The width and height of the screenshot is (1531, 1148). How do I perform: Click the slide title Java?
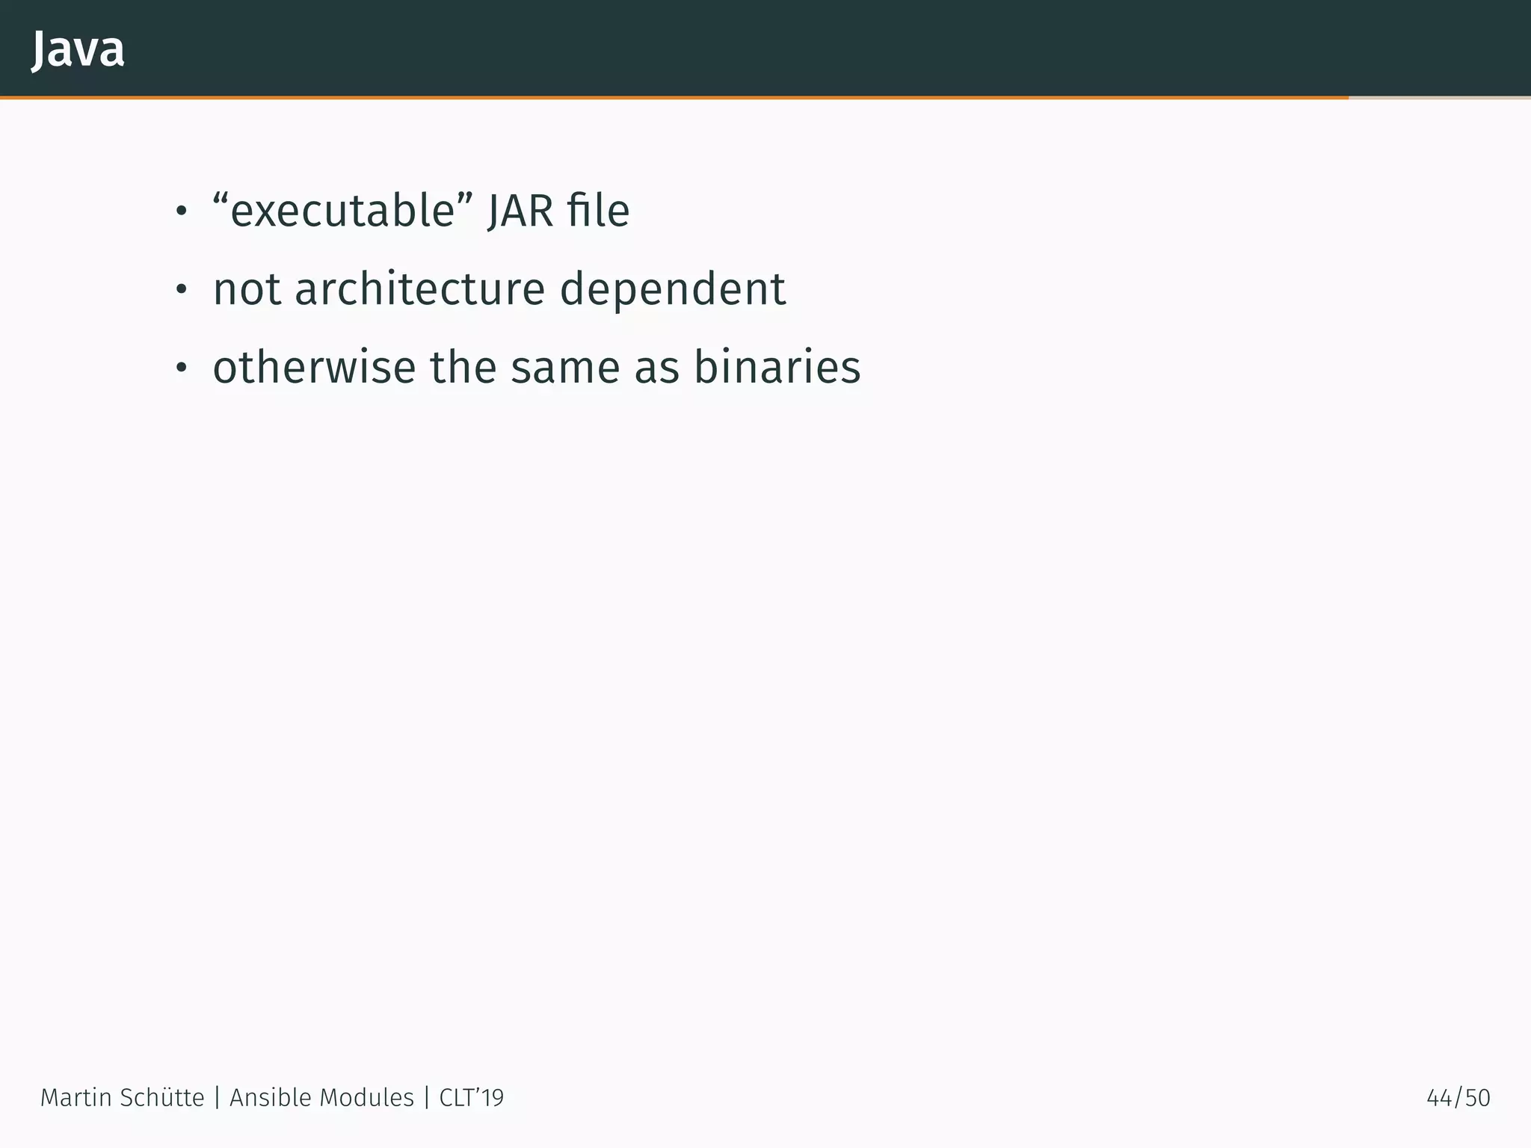(78, 50)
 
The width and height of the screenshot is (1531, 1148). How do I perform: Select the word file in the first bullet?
(598, 212)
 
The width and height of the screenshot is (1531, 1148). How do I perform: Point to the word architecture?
(419, 290)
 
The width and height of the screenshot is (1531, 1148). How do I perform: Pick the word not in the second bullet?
(246, 290)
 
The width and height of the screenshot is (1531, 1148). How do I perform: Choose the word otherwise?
(314, 368)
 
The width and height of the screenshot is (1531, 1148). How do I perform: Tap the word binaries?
(777, 368)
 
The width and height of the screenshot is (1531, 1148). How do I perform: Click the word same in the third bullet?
(565, 369)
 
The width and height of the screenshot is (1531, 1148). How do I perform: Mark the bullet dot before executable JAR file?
(180, 213)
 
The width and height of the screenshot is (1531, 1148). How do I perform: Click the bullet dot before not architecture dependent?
(180, 291)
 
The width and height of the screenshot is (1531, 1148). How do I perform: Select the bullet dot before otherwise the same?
(180, 369)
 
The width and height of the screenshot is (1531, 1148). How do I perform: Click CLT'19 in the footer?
(471, 1098)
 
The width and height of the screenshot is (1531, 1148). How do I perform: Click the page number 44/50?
(1458, 1098)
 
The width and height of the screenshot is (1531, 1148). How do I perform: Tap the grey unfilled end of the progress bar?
(1440, 98)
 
